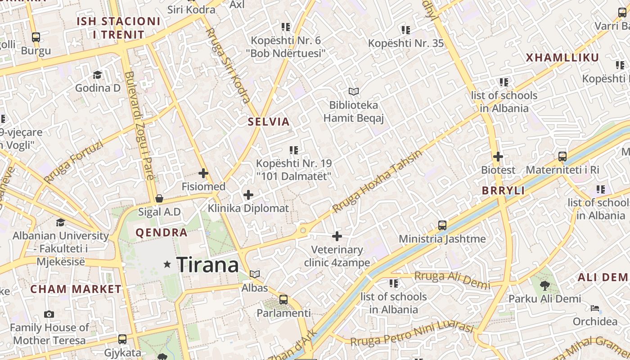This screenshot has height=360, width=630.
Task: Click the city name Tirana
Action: tap(207, 265)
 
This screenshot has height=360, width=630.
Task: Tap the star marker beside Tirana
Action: tap(167, 264)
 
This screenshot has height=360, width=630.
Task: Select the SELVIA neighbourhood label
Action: tap(269, 121)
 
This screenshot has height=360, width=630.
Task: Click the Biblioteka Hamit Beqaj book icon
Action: tap(354, 92)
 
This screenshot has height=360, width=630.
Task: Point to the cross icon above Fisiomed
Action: tap(203, 173)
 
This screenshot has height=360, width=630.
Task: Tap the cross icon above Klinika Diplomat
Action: tap(248, 195)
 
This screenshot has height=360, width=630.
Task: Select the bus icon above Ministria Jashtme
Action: tap(442, 225)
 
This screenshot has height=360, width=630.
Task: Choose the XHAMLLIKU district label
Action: tap(562, 58)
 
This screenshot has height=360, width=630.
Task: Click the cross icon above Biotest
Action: tap(498, 157)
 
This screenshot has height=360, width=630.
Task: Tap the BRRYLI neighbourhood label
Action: tap(503, 190)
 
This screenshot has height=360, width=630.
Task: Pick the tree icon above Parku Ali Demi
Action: tap(544, 285)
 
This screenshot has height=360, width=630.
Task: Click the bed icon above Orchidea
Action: tap(595, 308)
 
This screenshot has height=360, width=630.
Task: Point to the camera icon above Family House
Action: tap(49, 314)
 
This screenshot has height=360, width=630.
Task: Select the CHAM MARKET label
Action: tap(76, 289)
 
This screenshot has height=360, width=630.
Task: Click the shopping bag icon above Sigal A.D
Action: tap(159, 198)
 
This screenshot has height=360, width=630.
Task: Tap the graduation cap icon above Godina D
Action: tap(98, 75)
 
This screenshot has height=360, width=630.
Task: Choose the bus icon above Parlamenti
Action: tap(283, 299)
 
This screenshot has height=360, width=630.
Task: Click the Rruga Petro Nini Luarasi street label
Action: tap(412, 335)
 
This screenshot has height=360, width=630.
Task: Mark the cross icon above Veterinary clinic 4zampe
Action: tap(337, 236)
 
